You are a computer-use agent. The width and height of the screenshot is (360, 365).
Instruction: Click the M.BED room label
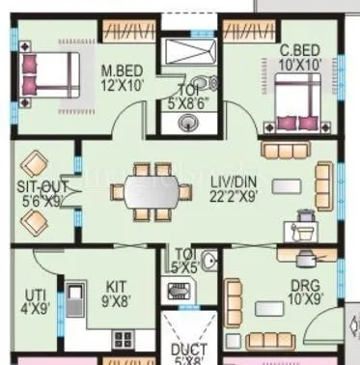[x=122, y=70]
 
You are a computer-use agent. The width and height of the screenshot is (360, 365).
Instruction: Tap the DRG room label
[x=308, y=286]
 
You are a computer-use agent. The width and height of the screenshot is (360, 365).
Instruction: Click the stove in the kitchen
[x=123, y=338]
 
